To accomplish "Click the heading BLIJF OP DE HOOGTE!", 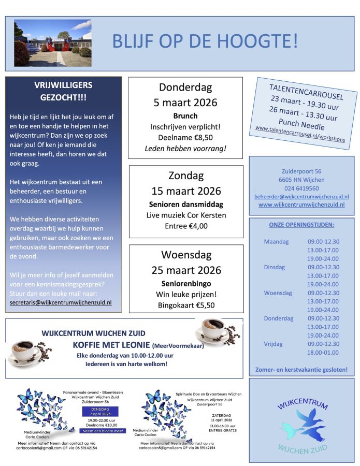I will point(205,41).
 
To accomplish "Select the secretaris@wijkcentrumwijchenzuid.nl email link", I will point(61,302).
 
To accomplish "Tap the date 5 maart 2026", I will point(185,102).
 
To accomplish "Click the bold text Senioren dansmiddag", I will point(185,203).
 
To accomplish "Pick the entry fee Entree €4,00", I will point(185,226).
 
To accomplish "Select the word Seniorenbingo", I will point(185,284).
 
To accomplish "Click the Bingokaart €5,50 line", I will point(185,306).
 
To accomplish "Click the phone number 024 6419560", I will point(301,188).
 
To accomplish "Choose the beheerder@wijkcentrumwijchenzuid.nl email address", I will point(301,197).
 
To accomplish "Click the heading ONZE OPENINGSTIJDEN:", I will point(301,225).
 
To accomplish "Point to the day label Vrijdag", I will point(275,343).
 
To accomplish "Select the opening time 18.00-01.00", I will point(323,352).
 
